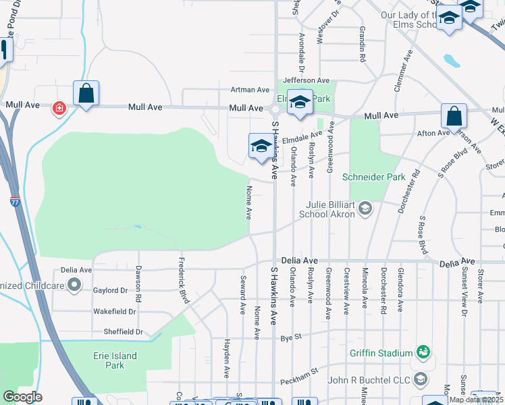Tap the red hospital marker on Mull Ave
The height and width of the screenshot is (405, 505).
tap(59, 108)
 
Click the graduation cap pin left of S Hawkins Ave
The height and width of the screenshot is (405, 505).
tap(261, 146)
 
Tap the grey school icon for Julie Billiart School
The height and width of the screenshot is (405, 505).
tap(365, 207)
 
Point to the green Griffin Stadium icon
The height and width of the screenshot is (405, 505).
tap(423, 352)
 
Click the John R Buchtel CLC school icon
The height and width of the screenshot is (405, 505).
tap(421, 379)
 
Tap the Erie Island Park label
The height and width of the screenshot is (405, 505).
tap(115, 360)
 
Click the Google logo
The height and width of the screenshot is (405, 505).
tap(22, 397)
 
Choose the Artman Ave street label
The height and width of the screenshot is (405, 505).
tap(250, 90)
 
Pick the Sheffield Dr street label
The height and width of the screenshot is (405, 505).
tap(124, 332)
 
